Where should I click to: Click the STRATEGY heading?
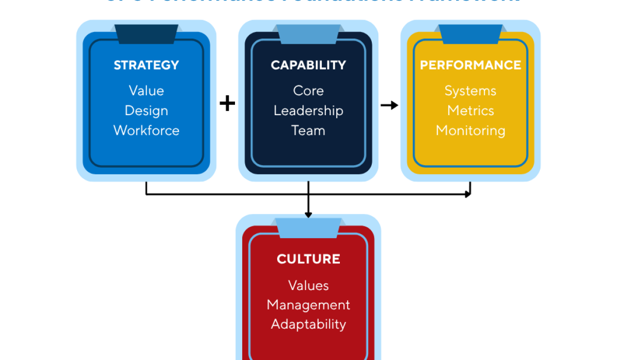146,65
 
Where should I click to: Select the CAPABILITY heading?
308,65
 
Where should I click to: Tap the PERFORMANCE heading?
470,65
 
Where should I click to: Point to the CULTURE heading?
308,259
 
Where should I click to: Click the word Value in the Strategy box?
146,91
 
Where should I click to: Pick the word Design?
146,111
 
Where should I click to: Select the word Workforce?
146,131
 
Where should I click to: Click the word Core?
308,91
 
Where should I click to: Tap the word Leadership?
308,111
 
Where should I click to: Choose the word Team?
308,131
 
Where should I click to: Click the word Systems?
470,91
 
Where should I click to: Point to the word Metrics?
470,111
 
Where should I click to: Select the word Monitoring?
470,131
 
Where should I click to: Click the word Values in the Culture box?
308,285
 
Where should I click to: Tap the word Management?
308,305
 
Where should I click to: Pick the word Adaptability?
308,325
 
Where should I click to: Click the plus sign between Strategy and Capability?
227,104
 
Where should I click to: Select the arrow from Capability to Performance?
390,105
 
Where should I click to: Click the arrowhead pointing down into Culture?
308,213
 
